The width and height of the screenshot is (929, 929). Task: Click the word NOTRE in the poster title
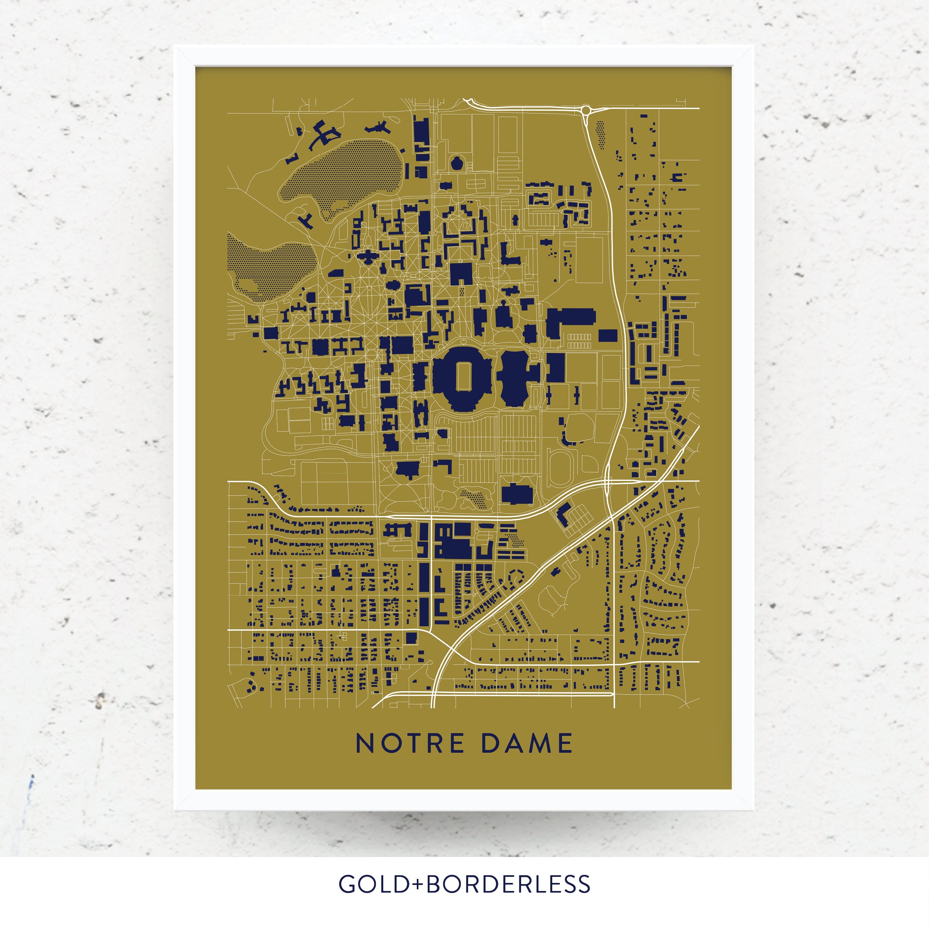tap(410, 744)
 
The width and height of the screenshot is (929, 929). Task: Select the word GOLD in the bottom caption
tap(369, 884)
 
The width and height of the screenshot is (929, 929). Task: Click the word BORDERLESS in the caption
tap(508, 884)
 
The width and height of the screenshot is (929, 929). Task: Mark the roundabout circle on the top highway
tap(586, 111)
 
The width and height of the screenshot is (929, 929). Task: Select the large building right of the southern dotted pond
tap(517, 494)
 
